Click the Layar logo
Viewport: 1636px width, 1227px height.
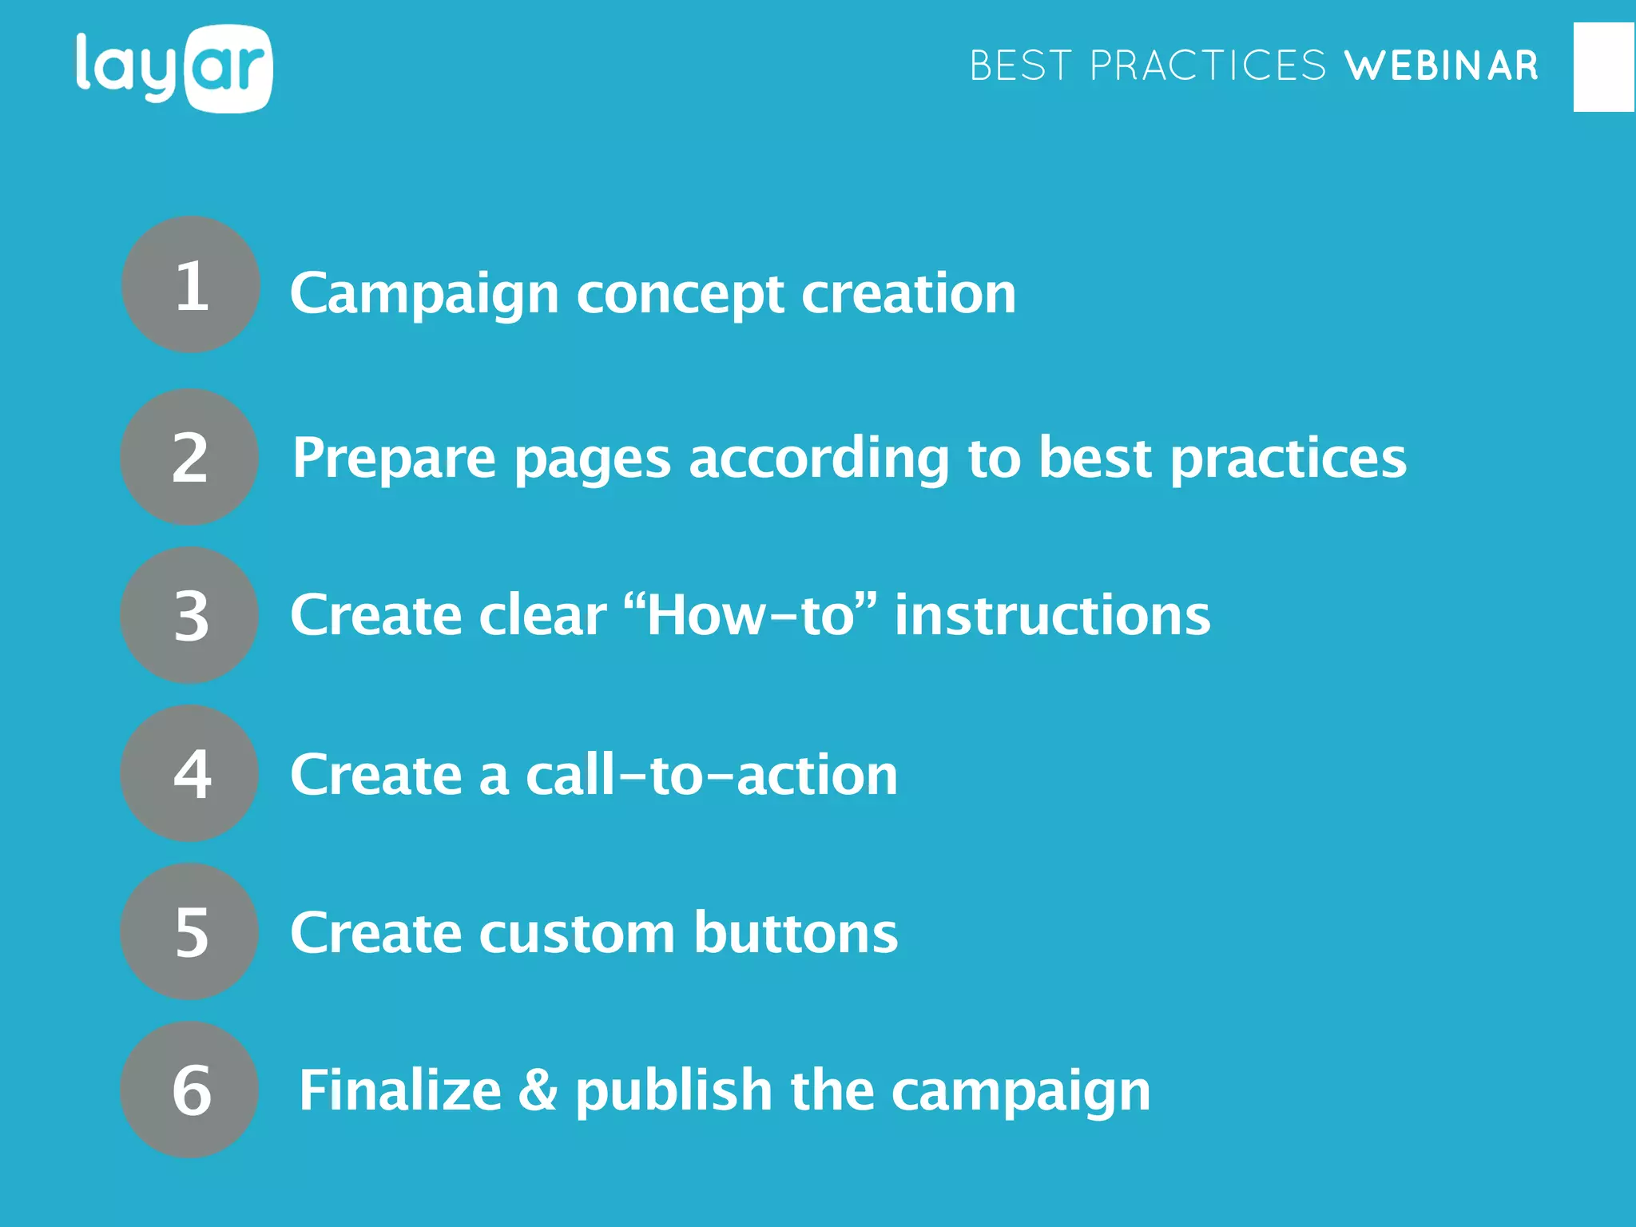click(174, 69)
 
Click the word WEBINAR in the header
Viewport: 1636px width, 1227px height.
click(1441, 66)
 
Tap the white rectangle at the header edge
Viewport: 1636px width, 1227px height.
click(1604, 67)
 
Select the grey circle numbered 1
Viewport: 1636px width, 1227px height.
click(191, 285)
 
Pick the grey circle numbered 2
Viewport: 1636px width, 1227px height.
click(190, 457)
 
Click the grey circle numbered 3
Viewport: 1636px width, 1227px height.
click(190, 615)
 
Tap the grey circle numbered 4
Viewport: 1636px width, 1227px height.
click(190, 773)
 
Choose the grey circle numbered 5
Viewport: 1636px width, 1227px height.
click(190, 931)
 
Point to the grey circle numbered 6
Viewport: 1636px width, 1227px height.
click(190, 1090)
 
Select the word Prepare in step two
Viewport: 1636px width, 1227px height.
click(393, 459)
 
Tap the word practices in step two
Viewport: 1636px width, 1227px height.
click(1288, 459)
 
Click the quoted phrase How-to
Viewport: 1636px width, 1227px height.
click(749, 615)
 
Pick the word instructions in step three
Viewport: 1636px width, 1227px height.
click(1051, 615)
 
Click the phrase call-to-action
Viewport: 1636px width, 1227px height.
click(711, 775)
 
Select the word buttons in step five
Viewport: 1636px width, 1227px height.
click(795, 933)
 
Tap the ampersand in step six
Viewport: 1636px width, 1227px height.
click(538, 1090)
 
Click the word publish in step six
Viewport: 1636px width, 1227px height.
click(673, 1092)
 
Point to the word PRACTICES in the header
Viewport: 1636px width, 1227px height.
click(1207, 66)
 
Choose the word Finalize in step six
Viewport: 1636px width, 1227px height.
click(399, 1090)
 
